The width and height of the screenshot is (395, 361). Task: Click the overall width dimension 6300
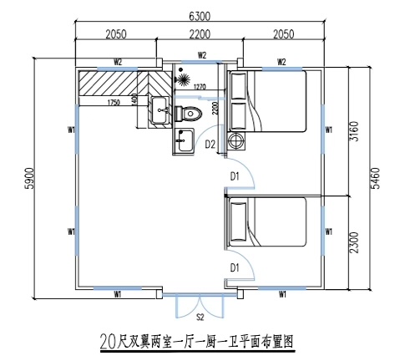point(198,15)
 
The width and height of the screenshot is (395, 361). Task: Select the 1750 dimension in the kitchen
point(115,103)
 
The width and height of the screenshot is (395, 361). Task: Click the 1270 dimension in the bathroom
point(199,87)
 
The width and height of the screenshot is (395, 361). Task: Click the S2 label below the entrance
point(200,318)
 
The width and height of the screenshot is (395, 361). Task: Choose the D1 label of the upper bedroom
point(235,175)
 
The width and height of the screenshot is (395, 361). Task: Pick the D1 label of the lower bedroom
point(235,267)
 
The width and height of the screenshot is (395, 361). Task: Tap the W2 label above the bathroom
point(202,56)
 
